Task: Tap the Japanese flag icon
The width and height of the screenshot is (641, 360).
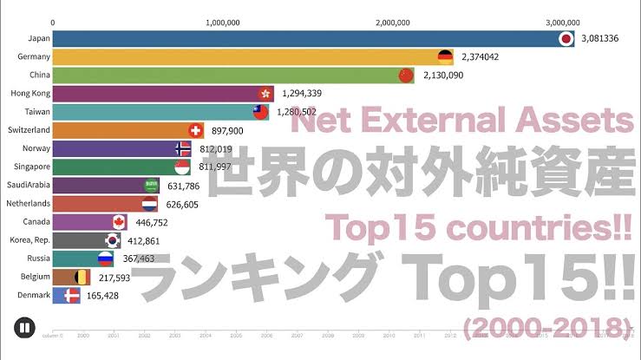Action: click(566, 39)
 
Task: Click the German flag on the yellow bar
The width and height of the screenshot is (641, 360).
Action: click(445, 57)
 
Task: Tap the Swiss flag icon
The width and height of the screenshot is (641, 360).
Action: click(195, 130)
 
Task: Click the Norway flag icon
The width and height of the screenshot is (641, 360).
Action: click(182, 148)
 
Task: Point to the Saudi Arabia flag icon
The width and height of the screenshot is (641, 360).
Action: click(152, 185)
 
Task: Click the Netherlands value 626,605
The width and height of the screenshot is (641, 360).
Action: click(181, 204)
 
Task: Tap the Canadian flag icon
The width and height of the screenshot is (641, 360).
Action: click(120, 222)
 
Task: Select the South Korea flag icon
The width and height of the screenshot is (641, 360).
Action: click(114, 240)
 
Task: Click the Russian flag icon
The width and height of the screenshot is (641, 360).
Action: click(105, 259)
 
